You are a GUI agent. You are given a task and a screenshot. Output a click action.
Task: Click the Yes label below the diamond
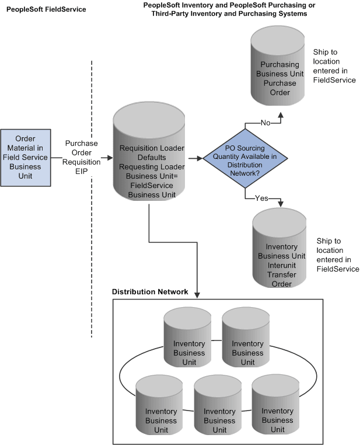[261, 198]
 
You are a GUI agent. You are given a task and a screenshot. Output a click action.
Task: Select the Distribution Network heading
[150, 292]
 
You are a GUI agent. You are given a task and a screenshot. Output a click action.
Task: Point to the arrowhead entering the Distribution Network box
[198, 295]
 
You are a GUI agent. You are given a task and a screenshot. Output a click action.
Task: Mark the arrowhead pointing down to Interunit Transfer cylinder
[281, 204]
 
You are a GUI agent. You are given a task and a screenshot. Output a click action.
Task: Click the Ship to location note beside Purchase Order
[334, 66]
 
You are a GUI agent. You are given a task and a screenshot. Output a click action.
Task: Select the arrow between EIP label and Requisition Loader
[106, 158]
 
